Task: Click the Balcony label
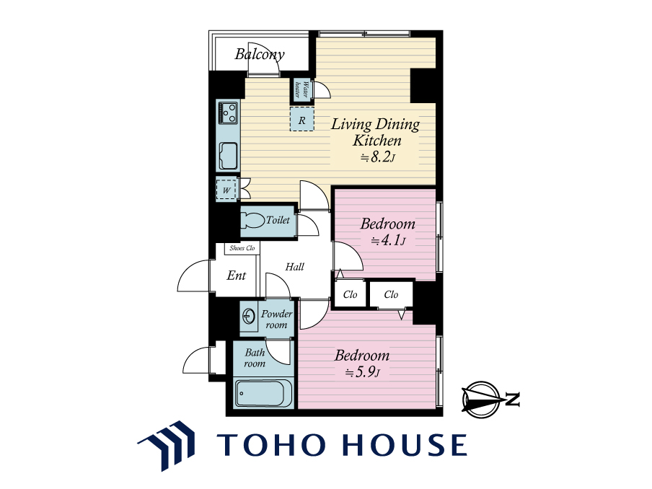click(x=260, y=55)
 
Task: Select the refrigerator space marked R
click(x=302, y=119)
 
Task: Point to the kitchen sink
click(x=229, y=156)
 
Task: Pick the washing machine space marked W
click(x=226, y=190)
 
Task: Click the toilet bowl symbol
click(x=252, y=221)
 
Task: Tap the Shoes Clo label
click(x=242, y=248)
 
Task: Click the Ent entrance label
click(x=236, y=276)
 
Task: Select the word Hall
click(x=294, y=267)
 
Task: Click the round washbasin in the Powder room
click(x=249, y=317)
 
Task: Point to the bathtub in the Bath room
click(x=260, y=393)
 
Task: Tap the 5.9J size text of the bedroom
click(x=362, y=371)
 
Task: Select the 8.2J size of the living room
click(x=377, y=157)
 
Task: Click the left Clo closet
click(x=350, y=294)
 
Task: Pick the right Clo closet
click(x=392, y=294)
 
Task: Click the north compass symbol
click(x=481, y=400)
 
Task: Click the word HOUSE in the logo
click(x=405, y=444)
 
